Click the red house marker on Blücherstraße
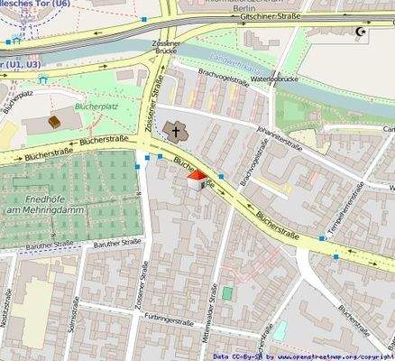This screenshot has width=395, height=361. [196, 182]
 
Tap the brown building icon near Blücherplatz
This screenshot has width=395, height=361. [54, 121]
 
